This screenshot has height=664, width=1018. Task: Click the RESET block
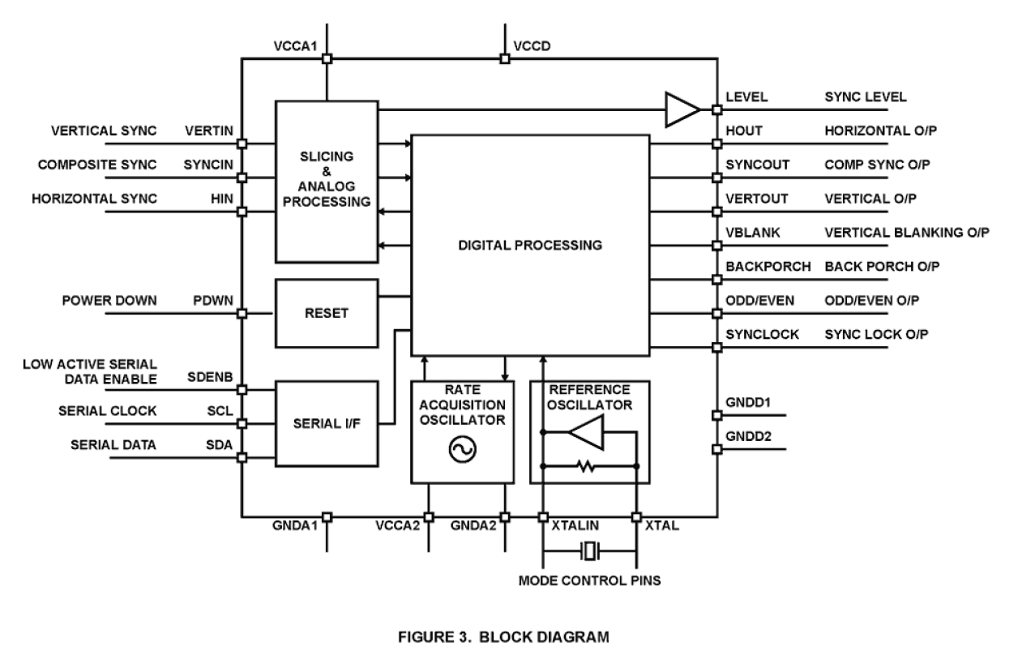(327, 312)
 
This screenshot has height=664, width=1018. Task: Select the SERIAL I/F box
(327, 423)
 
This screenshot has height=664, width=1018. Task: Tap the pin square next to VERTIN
(242, 144)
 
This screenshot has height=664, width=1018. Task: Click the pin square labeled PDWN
(242, 313)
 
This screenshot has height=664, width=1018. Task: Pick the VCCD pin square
(504, 58)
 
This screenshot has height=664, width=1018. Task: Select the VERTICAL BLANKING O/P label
(906, 233)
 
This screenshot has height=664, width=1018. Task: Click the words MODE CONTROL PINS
(589, 581)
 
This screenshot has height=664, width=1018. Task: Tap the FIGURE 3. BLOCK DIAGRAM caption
(509, 638)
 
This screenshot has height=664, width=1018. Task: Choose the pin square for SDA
(242, 457)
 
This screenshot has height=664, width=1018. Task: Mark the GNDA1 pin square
(327, 516)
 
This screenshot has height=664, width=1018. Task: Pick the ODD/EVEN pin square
(716, 313)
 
